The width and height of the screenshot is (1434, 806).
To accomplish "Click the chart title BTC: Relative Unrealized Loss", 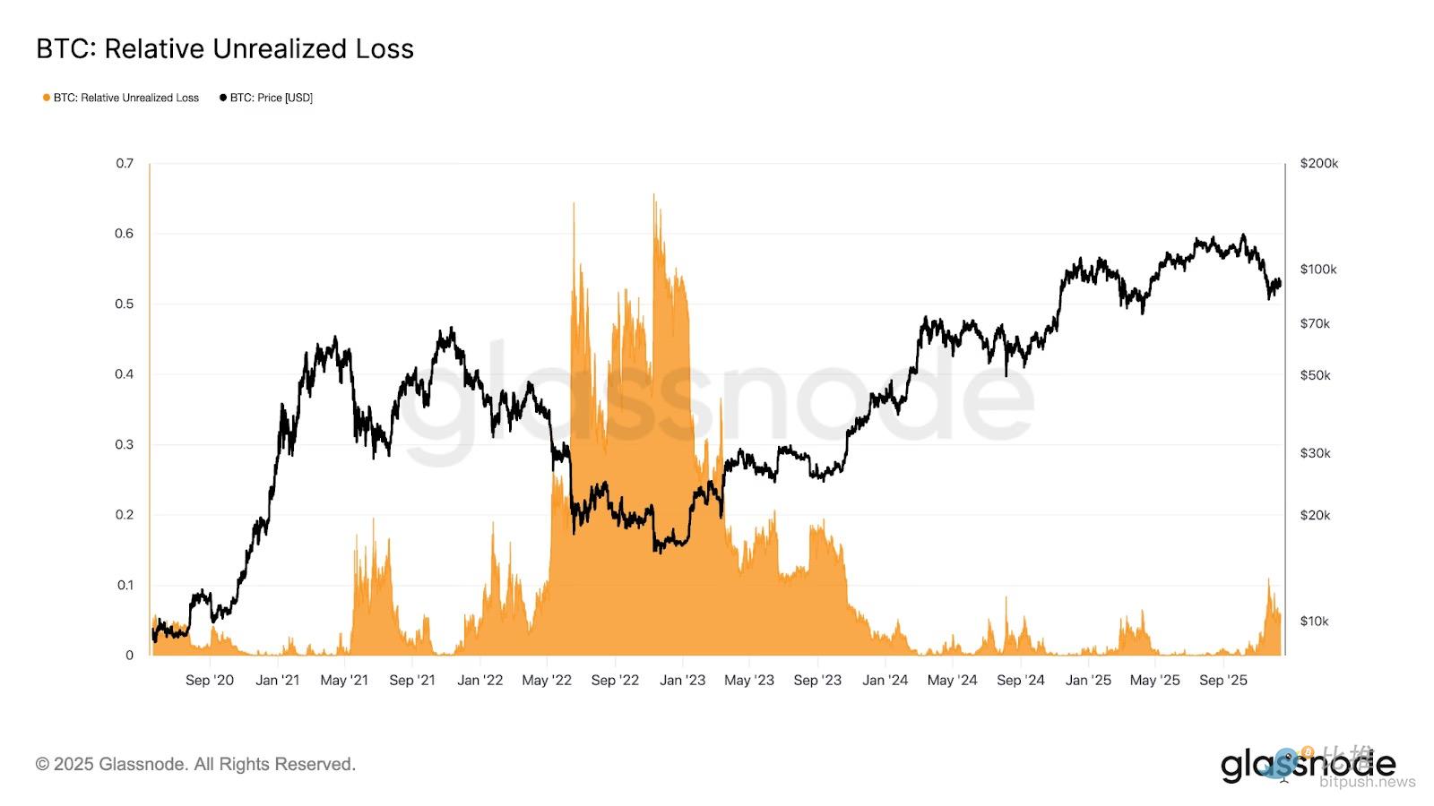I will (x=225, y=49).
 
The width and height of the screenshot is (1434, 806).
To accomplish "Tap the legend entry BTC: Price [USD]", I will (x=267, y=98).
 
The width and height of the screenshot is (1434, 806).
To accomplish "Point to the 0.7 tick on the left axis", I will (x=125, y=163).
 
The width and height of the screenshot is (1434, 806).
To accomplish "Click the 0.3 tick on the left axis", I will (x=125, y=444).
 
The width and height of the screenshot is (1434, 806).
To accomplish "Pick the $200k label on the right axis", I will (x=1318, y=163).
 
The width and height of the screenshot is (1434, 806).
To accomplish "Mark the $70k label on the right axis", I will (x=1315, y=323).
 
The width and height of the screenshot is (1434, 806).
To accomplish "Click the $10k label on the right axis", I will (x=1314, y=621).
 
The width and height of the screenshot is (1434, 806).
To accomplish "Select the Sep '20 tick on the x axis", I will (x=209, y=680).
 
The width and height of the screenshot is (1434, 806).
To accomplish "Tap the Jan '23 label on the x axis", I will (x=682, y=680).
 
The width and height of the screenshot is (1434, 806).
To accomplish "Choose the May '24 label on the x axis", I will (x=952, y=680).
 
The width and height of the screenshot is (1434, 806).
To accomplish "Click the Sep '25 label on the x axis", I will (x=1222, y=680).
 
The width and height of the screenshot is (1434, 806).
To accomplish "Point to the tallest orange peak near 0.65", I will (x=654, y=196).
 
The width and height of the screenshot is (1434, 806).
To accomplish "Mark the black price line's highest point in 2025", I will (x=1243, y=236).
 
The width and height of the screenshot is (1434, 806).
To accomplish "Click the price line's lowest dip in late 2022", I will (x=658, y=550).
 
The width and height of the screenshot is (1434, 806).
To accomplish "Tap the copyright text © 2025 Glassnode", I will (x=195, y=764).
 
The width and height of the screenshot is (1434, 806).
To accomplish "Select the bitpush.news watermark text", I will (x=1367, y=782).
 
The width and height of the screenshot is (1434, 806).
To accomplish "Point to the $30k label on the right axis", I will (x=1315, y=453).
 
